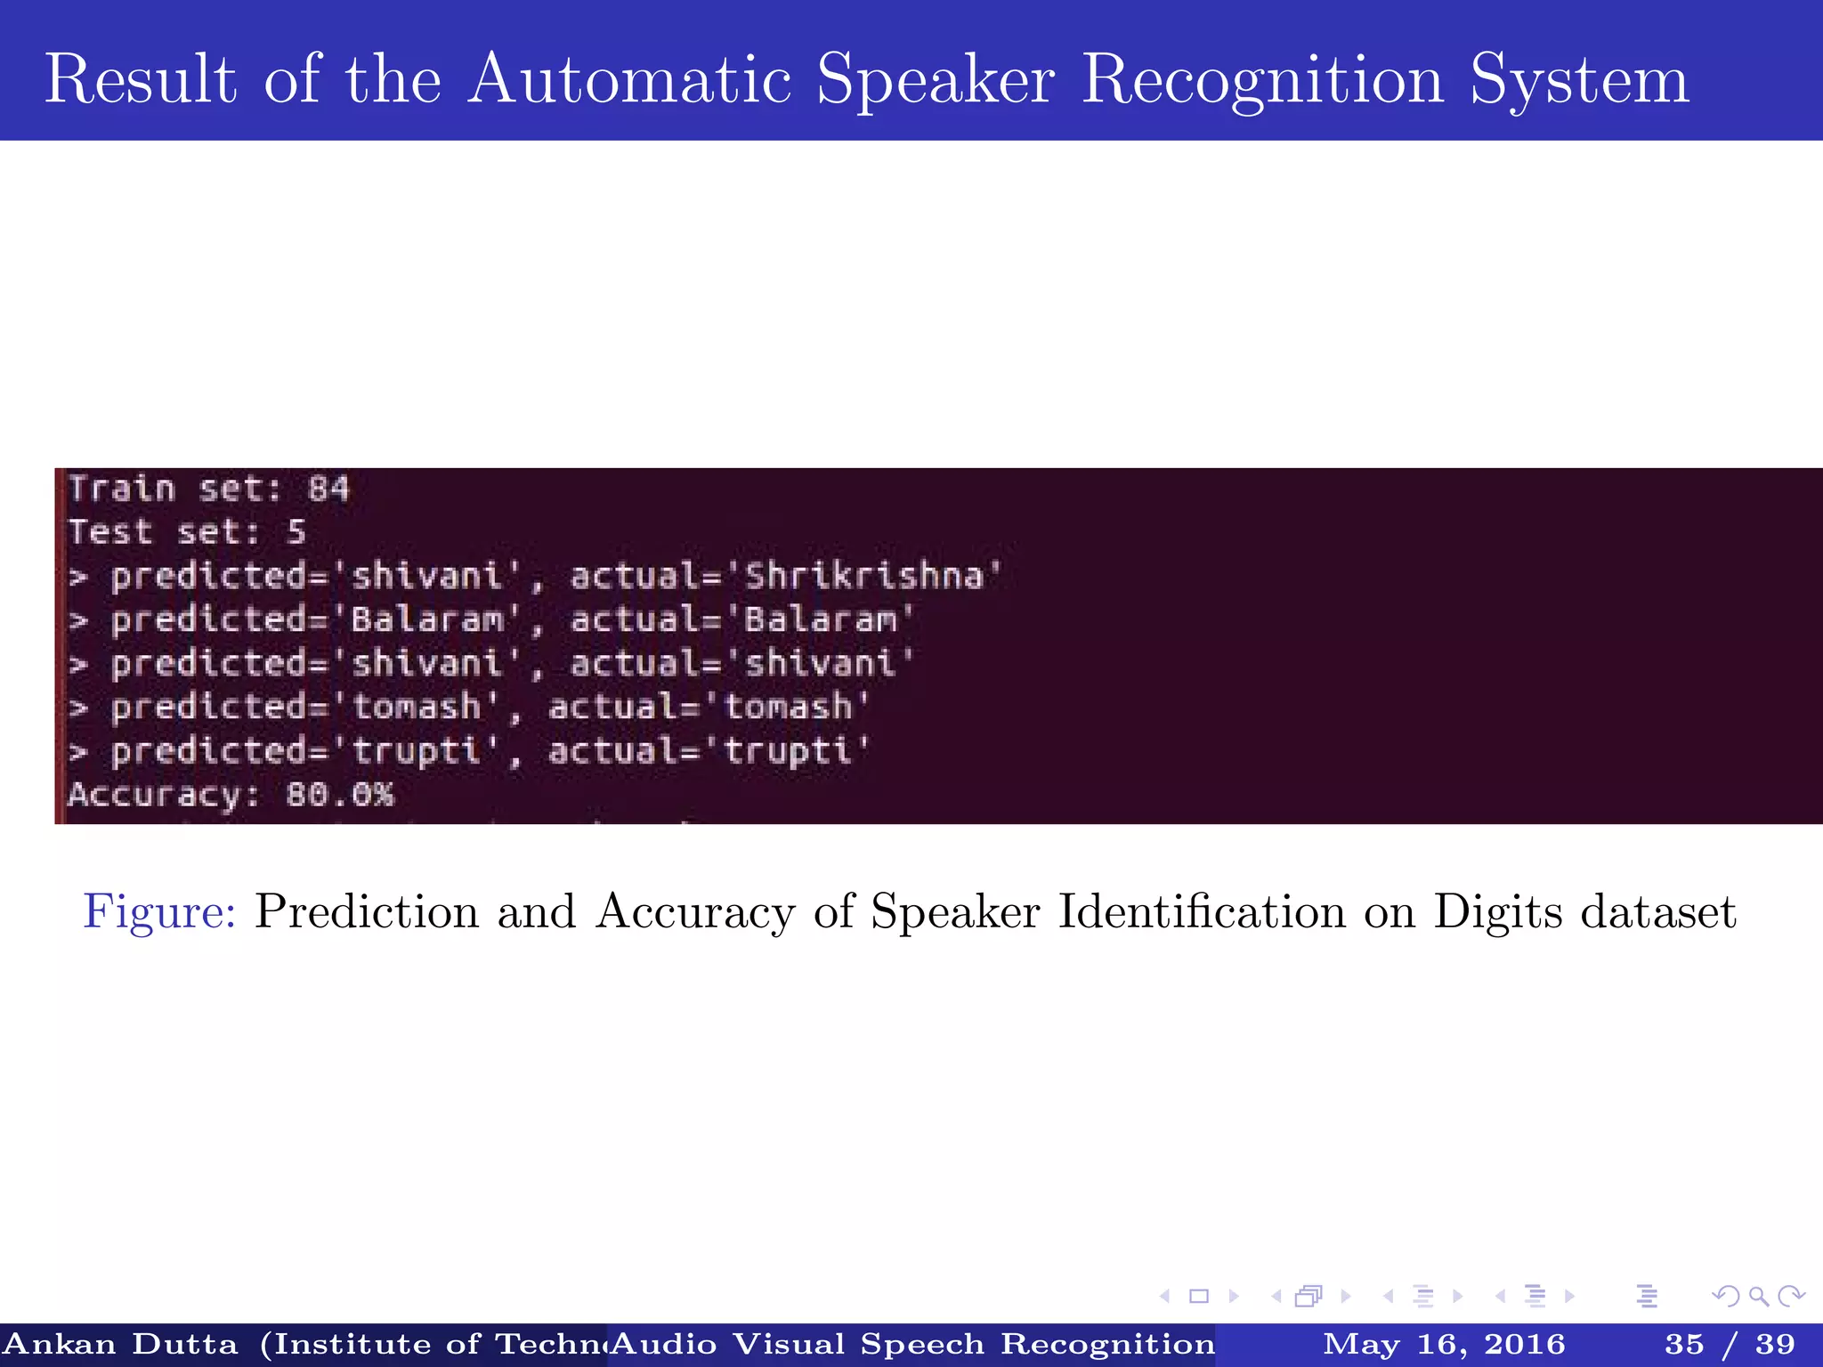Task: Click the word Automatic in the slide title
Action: (630, 80)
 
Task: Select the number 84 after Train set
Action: (328, 489)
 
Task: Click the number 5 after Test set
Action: (296, 532)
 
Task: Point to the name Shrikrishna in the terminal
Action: (863, 576)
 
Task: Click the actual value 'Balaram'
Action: (820, 619)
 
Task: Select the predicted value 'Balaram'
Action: (427, 619)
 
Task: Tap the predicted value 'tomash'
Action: (417, 707)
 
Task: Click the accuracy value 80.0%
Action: (339, 794)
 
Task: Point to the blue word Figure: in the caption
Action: (159, 912)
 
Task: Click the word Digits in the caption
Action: (1497, 912)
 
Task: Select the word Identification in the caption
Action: (1202, 912)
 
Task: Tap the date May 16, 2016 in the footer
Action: (1444, 1344)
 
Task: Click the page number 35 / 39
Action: (1730, 1344)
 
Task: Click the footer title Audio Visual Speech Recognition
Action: (912, 1344)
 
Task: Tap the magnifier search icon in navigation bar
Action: (1758, 1296)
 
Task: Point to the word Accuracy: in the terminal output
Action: (164, 794)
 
